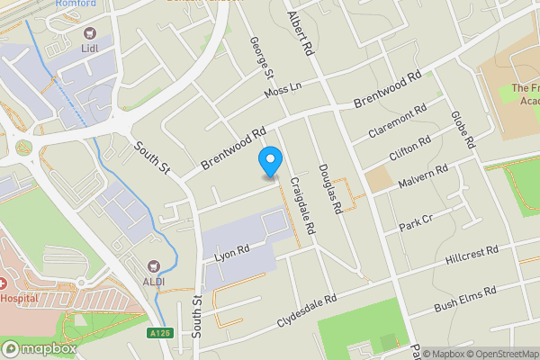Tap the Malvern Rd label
pyautogui.click(x=423, y=175)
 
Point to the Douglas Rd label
pyautogui.click(x=329, y=188)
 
